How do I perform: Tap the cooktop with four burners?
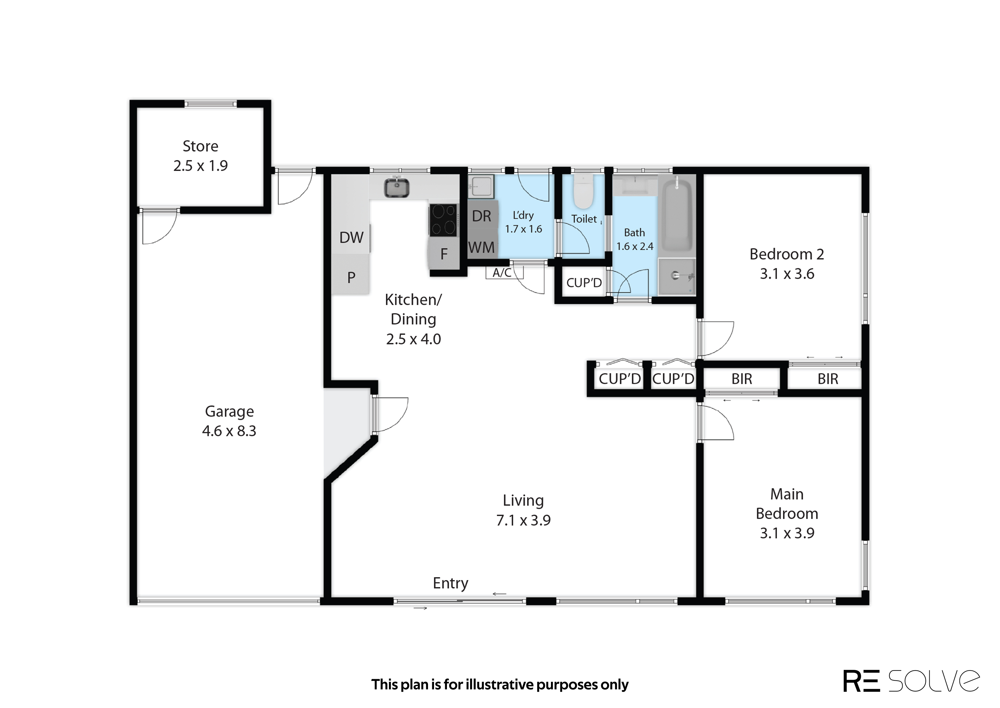pyautogui.click(x=444, y=220)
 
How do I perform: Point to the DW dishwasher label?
pyautogui.click(x=351, y=238)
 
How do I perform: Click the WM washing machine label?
pyautogui.click(x=482, y=248)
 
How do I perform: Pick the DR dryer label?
pyautogui.click(x=482, y=216)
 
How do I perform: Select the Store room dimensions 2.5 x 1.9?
pyautogui.click(x=200, y=166)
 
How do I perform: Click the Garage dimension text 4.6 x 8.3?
pyautogui.click(x=229, y=431)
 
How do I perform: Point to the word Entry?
pyautogui.click(x=451, y=583)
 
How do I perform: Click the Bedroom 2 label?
pyautogui.click(x=787, y=254)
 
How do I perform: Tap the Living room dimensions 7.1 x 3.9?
pyautogui.click(x=523, y=520)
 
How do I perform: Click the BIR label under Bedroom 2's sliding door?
pyautogui.click(x=828, y=379)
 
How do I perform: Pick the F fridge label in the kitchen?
pyautogui.click(x=444, y=254)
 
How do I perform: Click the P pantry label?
pyautogui.click(x=351, y=277)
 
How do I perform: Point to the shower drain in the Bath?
pyautogui.click(x=676, y=275)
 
